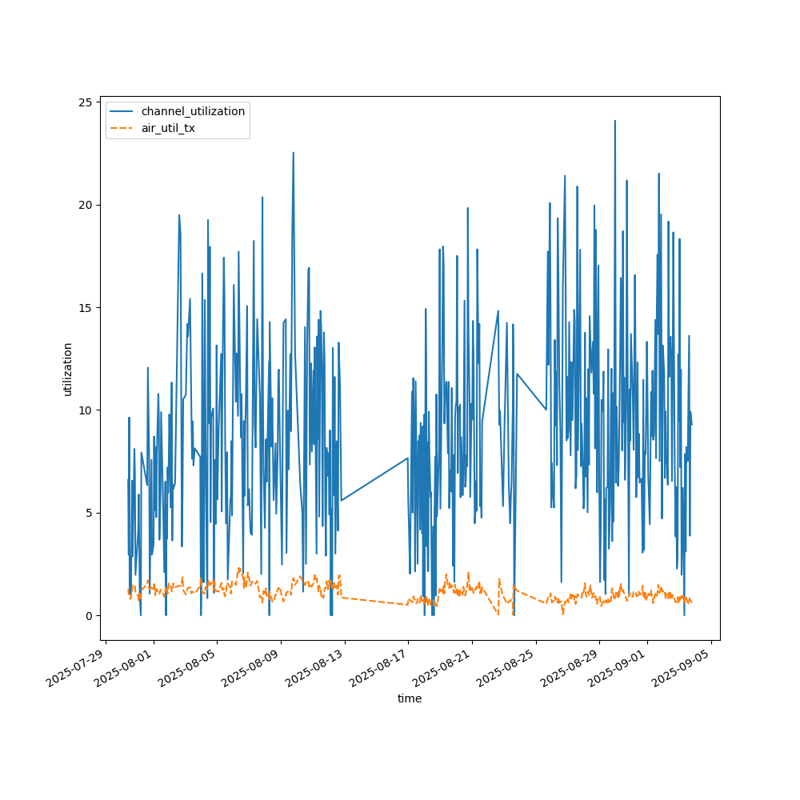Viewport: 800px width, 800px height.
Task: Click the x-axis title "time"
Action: pyautogui.click(x=410, y=698)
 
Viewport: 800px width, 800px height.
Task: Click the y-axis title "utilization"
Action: pyautogui.click(x=68, y=369)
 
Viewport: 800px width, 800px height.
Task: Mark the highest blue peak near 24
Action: pyautogui.click(x=614, y=122)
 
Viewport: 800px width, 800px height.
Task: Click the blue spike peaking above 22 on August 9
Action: pyautogui.click(x=293, y=153)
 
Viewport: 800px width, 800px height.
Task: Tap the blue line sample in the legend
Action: pyautogui.click(x=122, y=111)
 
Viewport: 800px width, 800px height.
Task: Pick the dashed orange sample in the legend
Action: pyautogui.click(x=122, y=128)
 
